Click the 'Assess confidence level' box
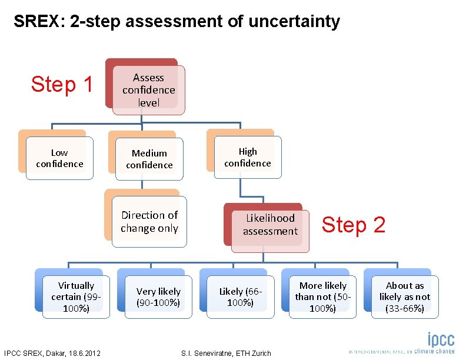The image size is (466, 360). pyautogui.click(x=148, y=89)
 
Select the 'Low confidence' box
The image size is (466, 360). pyautogui.click(x=59, y=158)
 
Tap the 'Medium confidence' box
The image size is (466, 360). pyautogui.click(x=149, y=159)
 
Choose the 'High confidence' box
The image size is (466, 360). pyautogui.click(x=247, y=157)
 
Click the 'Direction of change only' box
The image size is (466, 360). pyautogui.click(x=149, y=222)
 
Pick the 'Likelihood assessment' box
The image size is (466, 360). pyautogui.click(x=270, y=225)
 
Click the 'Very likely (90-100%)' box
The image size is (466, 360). pyautogui.click(x=158, y=297)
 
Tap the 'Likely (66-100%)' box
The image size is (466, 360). pyautogui.click(x=240, y=297)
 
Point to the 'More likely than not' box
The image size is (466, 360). pyautogui.click(x=322, y=297)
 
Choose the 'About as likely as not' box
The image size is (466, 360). pyautogui.click(x=405, y=297)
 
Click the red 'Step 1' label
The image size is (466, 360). pyautogui.click(x=62, y=85)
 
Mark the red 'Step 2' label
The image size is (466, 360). pyautogui.click(x=353, y=225)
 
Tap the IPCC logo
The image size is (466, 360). pyautogui.click(x=440, y=341)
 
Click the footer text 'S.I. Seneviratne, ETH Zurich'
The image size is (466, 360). pyautogui.click(x=227, y=353)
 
